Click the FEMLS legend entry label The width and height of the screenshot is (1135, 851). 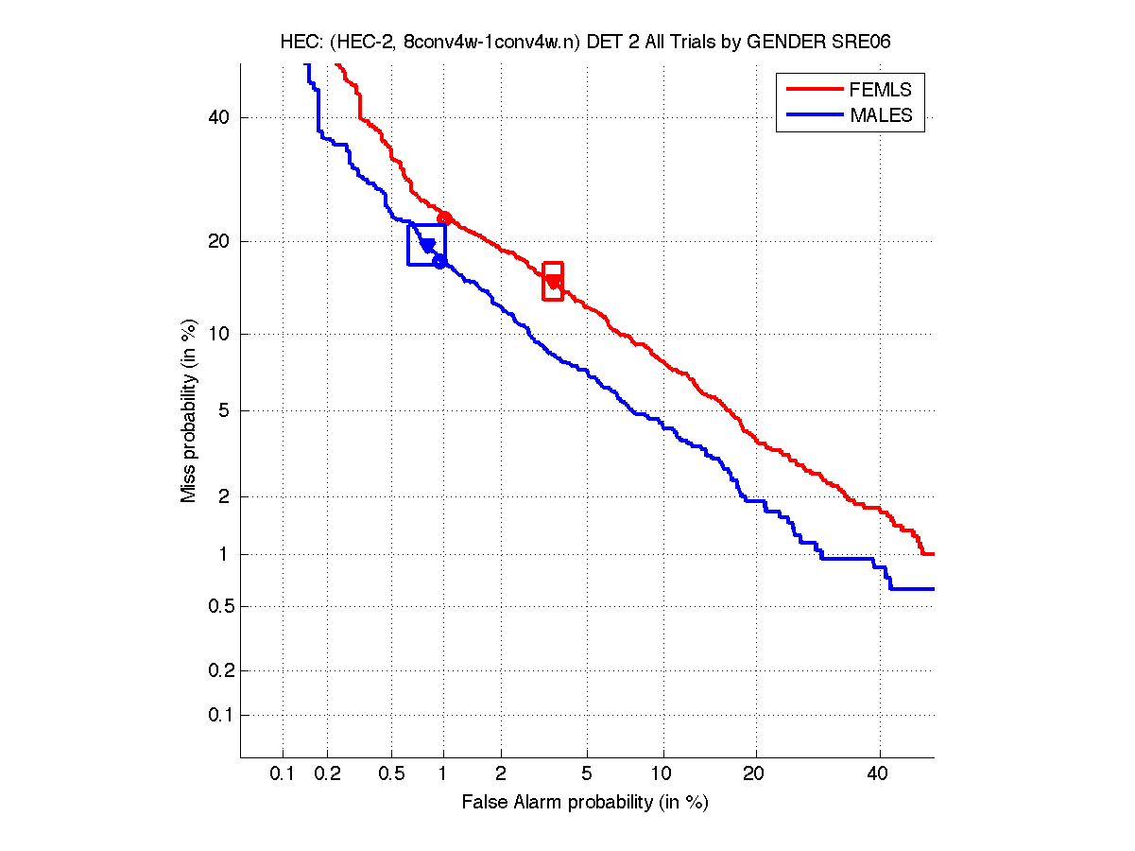[x=881, y=90]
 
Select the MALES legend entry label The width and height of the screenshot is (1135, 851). [x=882, y=115]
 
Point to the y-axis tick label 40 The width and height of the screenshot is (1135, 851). [x=219, y=117]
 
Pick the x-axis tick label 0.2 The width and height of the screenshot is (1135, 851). [x=327, y=773]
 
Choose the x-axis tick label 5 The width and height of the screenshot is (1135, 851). [x=587, y=773]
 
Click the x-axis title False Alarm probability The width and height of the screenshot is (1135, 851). [x=585, y=803]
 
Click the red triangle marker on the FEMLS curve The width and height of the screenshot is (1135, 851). [x=553, y=281]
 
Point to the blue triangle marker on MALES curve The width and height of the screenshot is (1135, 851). [x=427, y=246]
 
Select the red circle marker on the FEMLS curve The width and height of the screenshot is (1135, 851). [x=444, y=218]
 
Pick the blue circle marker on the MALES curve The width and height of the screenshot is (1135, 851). [x=439, y=261]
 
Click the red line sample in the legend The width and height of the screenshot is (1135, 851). [x=814, y=90]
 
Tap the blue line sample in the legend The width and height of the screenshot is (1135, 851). [x=814, y=115]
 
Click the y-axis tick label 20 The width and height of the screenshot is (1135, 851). [x=219, y=241]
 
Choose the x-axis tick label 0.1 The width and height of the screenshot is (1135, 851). [x=283, y=773]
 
